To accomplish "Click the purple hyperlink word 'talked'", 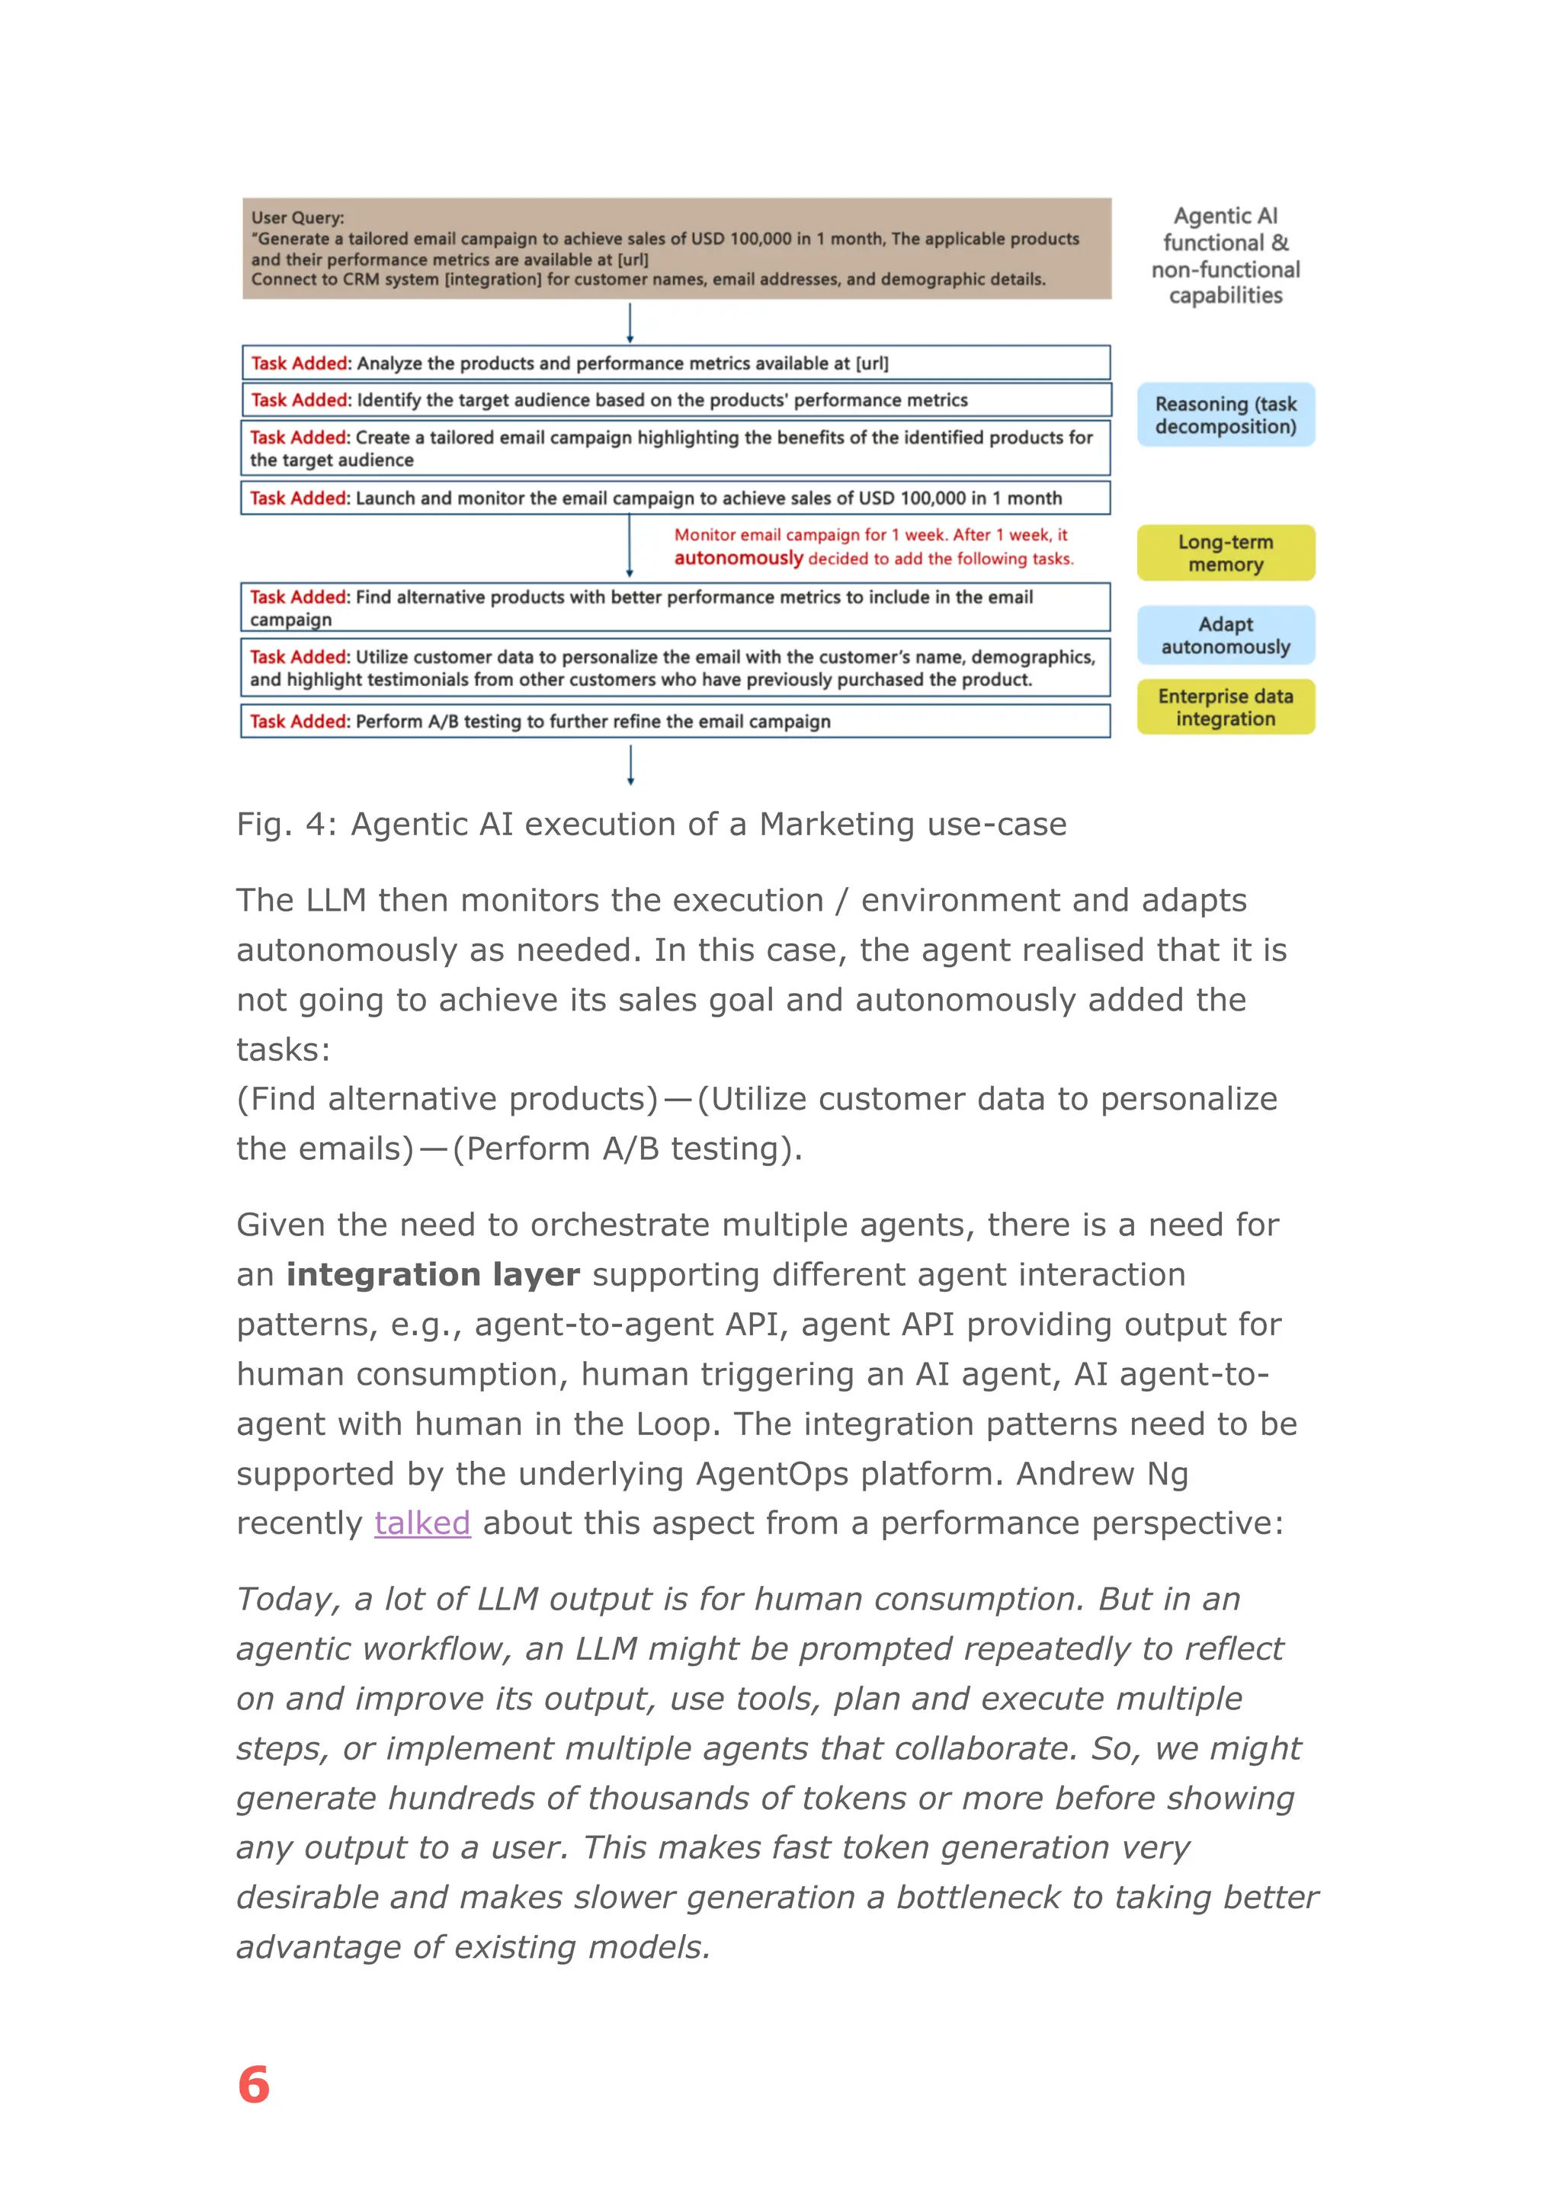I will tap(422, 1523).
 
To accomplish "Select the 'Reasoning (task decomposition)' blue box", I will tap(1226, 415).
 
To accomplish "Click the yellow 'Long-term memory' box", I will tap(1226, 553).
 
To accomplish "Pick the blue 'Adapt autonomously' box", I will tap(1226, 636).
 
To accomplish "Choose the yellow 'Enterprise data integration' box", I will tap(1226, 707).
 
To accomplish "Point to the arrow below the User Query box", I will tap(630, 323).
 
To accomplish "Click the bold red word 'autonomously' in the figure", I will tap(739, 559).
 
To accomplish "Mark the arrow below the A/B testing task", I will tap(630, 766).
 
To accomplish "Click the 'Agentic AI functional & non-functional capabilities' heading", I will tap(1226, 256).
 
